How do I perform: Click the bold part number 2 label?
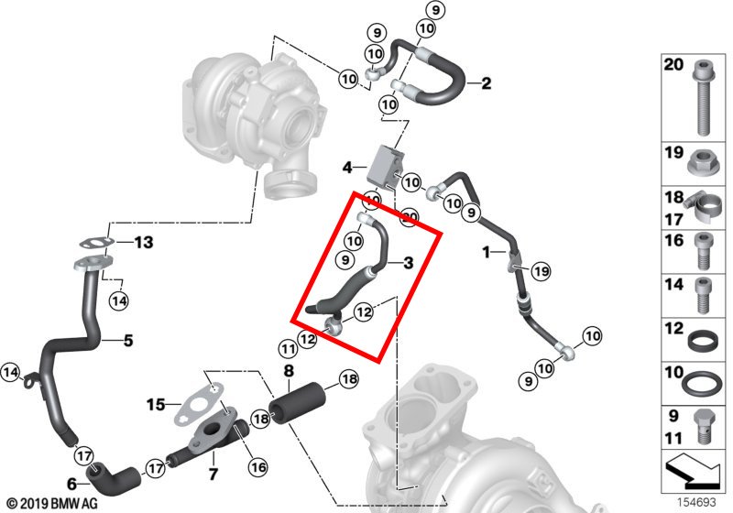click(487, 83)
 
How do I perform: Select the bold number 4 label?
click(347, 168)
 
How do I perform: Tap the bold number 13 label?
click(144, 243)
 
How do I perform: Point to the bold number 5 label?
click(128, 341)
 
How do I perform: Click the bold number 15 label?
click(156, 404)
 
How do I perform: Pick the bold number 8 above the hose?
click(289, 371)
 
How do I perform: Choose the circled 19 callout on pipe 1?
click(541, 271)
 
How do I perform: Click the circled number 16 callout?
click(258, 466)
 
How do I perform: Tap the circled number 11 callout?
click(288, 348)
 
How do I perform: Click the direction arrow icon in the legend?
click(695, 471)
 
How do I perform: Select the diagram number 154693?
click(696, 502)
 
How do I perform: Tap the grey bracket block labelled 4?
click(385, 169)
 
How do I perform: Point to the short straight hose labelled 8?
click(297, 403)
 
